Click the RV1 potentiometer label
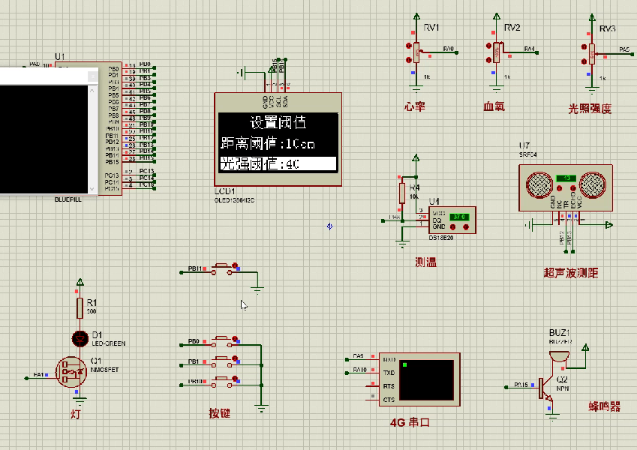(431, 28)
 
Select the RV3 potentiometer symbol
(591, 52)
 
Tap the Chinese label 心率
(415, 106)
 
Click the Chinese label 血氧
(494, 106)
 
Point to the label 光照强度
(590, 108)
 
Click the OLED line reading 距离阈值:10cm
(269, 143)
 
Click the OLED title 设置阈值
(278, 123)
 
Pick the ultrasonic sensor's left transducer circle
(539, 184)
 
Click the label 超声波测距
(571, 273)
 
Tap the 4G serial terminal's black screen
(427, 379)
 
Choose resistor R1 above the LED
(80, 307)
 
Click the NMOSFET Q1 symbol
(71, 371)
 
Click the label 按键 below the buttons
(220, 413)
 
